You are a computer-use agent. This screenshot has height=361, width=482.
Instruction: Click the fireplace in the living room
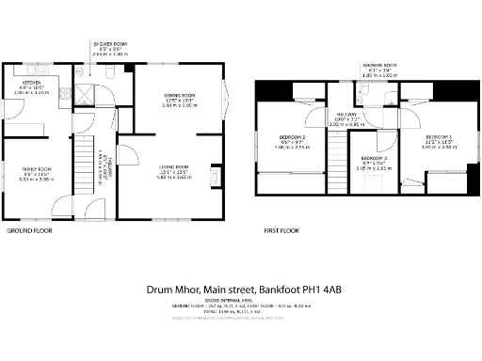(216, 178)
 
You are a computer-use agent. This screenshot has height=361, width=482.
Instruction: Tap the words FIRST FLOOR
(281, 229)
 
